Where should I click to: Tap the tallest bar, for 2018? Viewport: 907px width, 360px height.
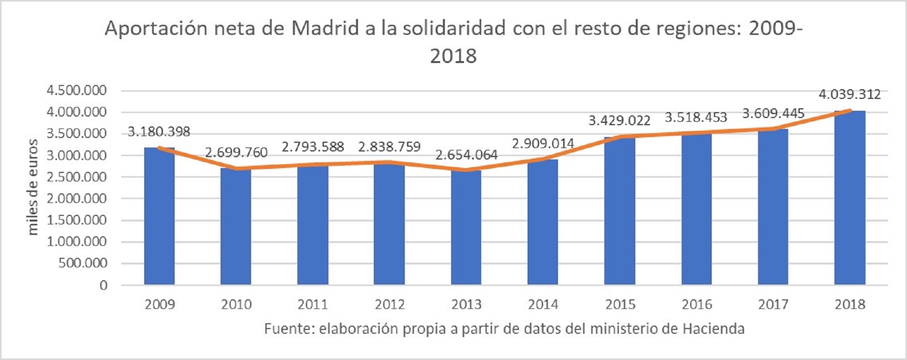(850, 198)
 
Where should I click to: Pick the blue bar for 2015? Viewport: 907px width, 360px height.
(620, 211)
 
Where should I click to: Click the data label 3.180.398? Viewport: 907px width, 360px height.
(159, 131)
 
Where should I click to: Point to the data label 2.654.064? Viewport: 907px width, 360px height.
(466, 155)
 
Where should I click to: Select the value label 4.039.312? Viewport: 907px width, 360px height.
(850, 94)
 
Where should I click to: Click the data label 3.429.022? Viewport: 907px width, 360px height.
(619, 120)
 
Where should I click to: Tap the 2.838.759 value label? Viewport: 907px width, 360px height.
(390, 147)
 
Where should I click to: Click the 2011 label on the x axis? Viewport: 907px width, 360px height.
(313, 304)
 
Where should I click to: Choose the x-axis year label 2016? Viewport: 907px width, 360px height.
(696, 304)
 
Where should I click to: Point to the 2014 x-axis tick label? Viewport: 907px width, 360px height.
(543, 304)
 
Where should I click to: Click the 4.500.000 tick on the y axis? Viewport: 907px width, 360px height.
(76, 90)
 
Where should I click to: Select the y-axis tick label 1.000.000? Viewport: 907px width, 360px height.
(76, 242)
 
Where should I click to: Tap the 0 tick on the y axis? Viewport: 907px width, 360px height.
(104, 285)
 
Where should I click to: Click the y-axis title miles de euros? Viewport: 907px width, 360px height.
(32, 187)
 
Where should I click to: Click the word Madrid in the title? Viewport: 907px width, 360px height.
(325, 28)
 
